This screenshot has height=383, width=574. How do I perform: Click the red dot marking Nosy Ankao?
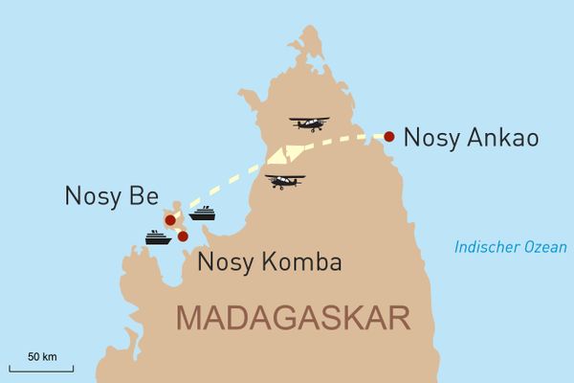tap(388, 136)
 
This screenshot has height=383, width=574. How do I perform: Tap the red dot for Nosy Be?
tap(170, 220)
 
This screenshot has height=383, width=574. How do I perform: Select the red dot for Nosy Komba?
tap(183, 236)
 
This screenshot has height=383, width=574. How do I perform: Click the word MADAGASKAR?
tap(293, 317)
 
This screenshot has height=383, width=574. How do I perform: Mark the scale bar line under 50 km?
tap(41, 369)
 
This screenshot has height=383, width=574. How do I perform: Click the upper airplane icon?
tap(308, 124)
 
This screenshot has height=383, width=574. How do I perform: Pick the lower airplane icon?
tap(285, 181)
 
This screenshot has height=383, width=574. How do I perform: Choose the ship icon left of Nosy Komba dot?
tap(158, 237)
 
